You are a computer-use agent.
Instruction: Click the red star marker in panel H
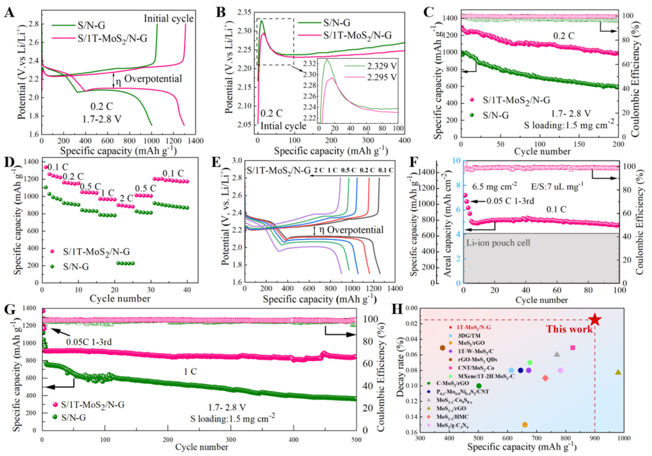595,319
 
